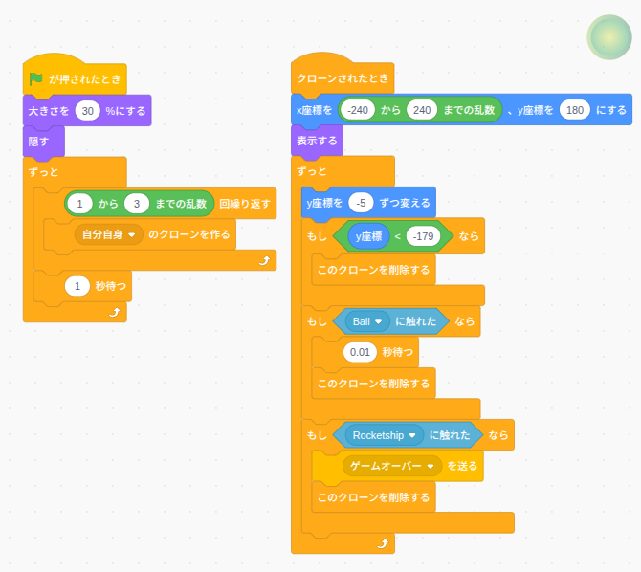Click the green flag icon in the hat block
pyautogui.click(x=36, y=79)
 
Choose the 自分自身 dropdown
pyautogui.click(x=108, y=233)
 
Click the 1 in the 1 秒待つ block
pyautogui.click(x=77, y=285)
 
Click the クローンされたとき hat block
pyautogui.click(x=343, y=79)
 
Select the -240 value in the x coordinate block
pyautogui.click(x=359, y=110)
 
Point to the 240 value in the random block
pyautogui.click(x=421, y=110)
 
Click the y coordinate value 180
pyautogui.click(x=574, y=110)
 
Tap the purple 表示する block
pyautogui.click(x=316, y=141)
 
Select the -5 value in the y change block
pyautogui.click(x=361, y=202)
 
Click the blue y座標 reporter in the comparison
pyautogui.click(x=368, y=236)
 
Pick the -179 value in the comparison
pyautogui.click(x=423, y=236)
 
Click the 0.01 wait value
pyautogui.click(x=360, y=352)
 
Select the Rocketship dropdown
pyautogui.click(x=384, y=435)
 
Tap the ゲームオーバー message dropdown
pyautogui.click(x=393, y=466)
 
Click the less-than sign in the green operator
pyautogui.click(x=397, y=236)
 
